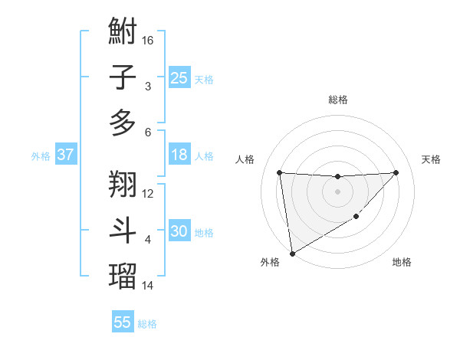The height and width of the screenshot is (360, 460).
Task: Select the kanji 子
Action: point(123,77)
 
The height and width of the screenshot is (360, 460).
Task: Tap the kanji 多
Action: point(123,122)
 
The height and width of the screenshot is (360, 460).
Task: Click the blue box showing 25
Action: point(179,77)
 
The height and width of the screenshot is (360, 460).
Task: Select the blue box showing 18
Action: point(179,155)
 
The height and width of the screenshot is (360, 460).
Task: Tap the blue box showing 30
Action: point(179,231)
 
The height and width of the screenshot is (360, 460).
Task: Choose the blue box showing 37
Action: point(66,155)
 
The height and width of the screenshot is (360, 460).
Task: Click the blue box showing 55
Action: point(123,322)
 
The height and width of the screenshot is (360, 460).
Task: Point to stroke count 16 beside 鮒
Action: point(149,40)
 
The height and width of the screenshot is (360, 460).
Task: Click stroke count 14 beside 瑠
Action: point(149,285)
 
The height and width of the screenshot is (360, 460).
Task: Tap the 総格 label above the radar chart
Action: point(337,100)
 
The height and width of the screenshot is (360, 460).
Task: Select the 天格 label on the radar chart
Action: point(431,159)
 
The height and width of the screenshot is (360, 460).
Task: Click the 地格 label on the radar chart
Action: point(402,262)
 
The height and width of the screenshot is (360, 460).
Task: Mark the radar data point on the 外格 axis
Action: point(292,253)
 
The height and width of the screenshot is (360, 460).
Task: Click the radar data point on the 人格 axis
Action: point(279,172)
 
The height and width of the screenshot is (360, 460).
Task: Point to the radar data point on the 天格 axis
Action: point(396,172)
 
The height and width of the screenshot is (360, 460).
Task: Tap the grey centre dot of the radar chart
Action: point(337,191)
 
